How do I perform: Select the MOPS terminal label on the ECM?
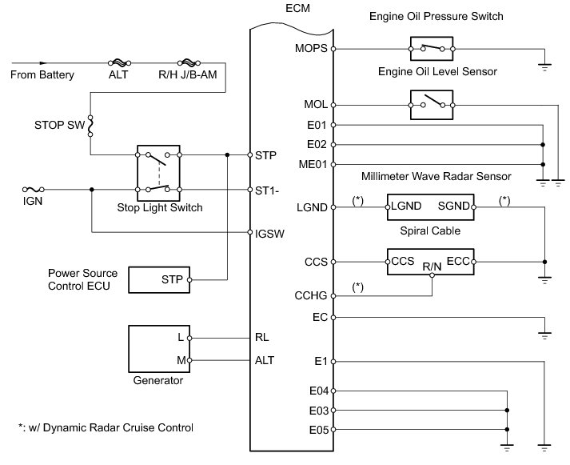tap(310, 49)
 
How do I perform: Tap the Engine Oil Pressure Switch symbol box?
tap(432, 49)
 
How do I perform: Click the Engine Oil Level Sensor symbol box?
tap(432, 104)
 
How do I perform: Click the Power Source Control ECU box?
tap(166, 280)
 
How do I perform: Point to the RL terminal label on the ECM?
tap(261, 337)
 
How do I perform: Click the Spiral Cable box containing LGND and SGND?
tap(432, 207)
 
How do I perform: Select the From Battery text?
tap(42, 75)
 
